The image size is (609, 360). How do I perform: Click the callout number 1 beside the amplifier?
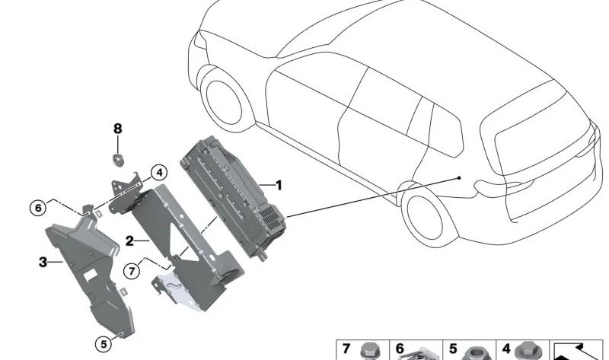tap(279, 185)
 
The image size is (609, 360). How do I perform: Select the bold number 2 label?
tap(130, 241)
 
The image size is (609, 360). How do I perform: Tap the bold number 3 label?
tap(43, 263)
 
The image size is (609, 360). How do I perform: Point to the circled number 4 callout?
tap(158, 173)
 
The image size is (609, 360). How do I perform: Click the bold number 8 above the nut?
tap(117, 129)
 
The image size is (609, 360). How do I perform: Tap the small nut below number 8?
tap(118, 159)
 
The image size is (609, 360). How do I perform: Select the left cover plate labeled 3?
tap(84, 266)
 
